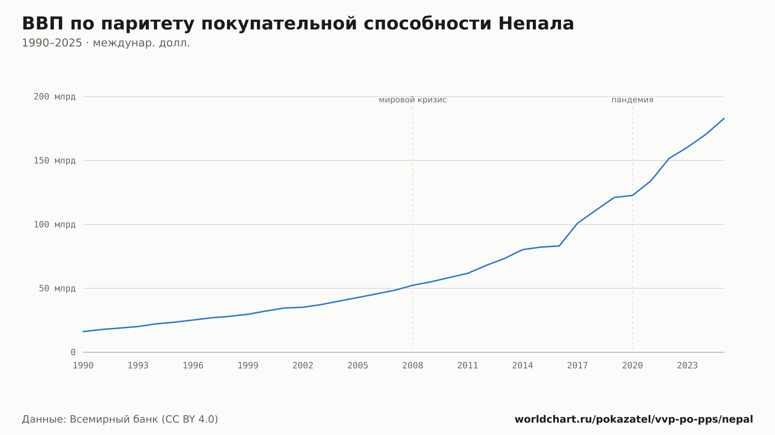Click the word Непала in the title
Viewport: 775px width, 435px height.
coord(536,24)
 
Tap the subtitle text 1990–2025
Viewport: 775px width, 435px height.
coord(52,43)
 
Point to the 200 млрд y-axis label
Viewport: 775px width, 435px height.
coord(55,97)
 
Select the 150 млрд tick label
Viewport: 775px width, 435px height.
coord(55,161)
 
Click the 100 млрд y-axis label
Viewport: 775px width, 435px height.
coord(55,224)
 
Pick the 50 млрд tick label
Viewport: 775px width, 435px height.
coord(57,288)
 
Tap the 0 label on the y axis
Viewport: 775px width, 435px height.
coord(73,353)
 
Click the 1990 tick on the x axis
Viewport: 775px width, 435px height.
coord(83,366)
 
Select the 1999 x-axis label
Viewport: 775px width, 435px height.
coord(248,366)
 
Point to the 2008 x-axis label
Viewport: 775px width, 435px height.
coord(413,366)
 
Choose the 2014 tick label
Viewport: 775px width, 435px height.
coord(523,366)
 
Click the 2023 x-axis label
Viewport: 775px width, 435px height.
coord(687,366)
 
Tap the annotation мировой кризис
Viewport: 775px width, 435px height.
coord(413,100)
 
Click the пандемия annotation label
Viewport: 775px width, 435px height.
coord(632,100)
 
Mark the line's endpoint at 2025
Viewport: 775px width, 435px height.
coord(724,118)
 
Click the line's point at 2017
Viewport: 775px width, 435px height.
coord(578,223)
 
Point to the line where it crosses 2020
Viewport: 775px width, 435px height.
coord(632,195)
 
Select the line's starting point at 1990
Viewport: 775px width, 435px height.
coord(83,332)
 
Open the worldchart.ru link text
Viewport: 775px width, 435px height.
coord(634,420)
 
